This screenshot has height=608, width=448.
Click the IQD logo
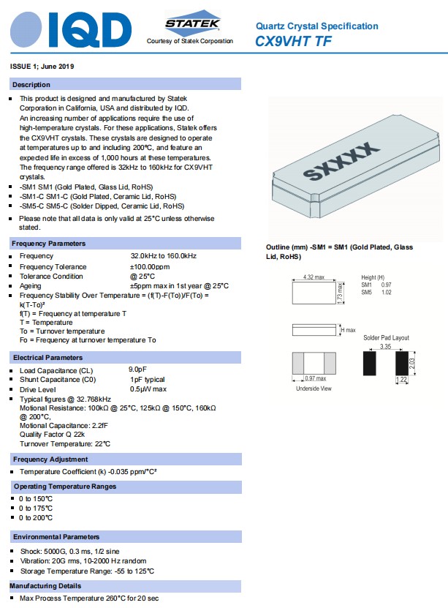[70, 29]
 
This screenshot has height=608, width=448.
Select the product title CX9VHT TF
[293, 42]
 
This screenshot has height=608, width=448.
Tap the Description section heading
[31, 85]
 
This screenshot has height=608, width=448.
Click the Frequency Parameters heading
[49, 243]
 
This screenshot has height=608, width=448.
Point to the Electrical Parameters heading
[48, 358]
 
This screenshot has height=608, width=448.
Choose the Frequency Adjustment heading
[50, 459]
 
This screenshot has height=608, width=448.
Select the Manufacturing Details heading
[45, 586]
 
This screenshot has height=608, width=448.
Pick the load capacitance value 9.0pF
[140, 370]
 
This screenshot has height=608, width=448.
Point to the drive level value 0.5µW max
[148, 389]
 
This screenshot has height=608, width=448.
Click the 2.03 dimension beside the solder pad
[413, 363]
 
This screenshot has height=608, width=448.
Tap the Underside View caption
[313, 389]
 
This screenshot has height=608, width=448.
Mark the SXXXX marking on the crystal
[342, 162]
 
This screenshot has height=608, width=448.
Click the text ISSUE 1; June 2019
[42, 67]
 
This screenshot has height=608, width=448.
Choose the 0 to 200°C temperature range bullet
[36, 517]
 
